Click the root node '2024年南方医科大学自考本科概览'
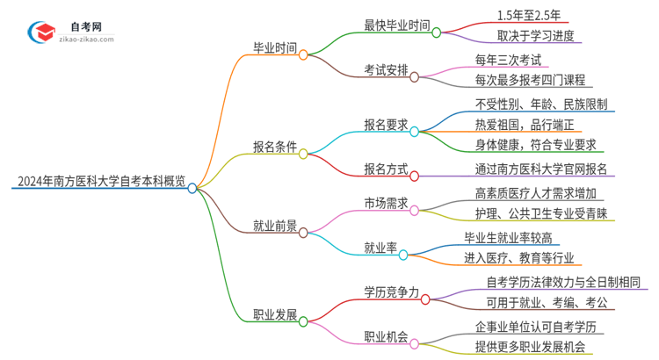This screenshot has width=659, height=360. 98,183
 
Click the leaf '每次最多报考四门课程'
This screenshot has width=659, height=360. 528,80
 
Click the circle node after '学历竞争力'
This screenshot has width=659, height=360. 425,299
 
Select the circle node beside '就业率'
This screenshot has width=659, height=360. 403,254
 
